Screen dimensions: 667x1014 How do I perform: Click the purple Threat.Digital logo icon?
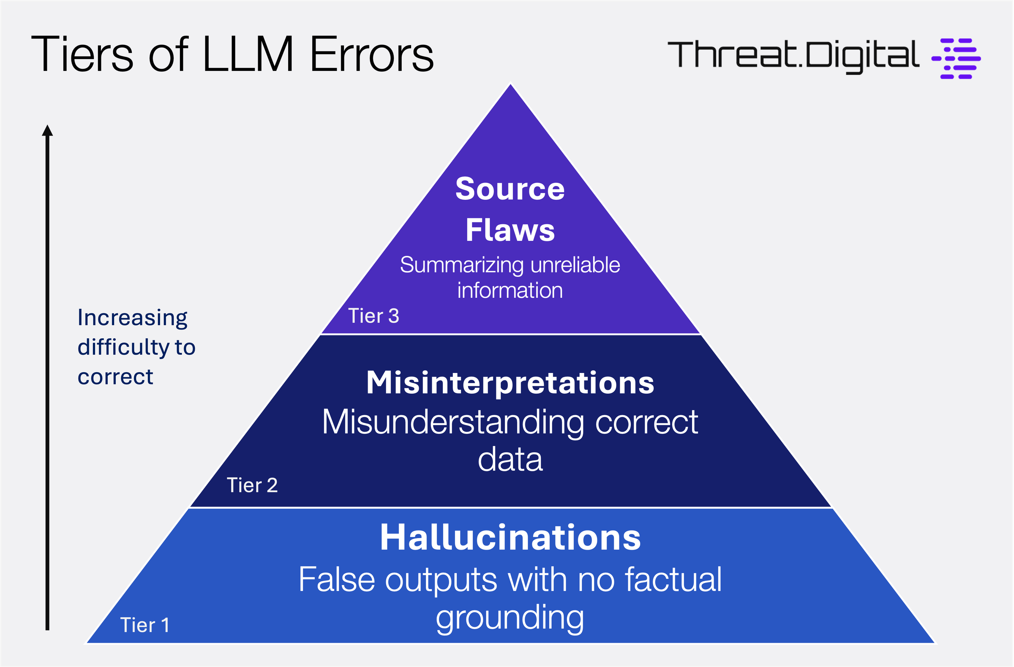pyautogui.click(x=957, y=58)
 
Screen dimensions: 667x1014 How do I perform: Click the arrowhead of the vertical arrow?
pyautogui.click(x=47, y=131)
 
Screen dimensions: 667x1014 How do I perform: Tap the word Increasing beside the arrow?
pyautogui.click(x=133, y=318)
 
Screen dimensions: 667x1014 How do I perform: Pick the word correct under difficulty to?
pyautogui.click(x=115, y=377)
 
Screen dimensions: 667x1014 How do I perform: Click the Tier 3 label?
pyautogui.click(x=373, y=316)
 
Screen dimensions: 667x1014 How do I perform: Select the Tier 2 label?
pyautogui.click(x=252, y=485)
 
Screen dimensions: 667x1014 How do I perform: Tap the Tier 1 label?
pyautogui.click(x=145, y=625)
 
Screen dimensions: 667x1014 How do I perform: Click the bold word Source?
pyautogui.click(x=510, y=189)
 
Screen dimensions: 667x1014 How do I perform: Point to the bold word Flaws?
pyautogui.click(x=510, y=230)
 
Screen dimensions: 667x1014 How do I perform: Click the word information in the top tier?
pyautogui.click(x=510, y=291)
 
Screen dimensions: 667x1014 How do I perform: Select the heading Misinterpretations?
pyautogui.click(x=510, y=382)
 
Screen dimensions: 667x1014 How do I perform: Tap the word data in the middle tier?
pyautogui.click(x=510, y=460)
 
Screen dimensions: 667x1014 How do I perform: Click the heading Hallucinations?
pyautogui.click(x=510, y=537)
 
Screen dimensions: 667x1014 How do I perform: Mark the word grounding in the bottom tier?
pyautogui.click(x=510, y=618)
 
